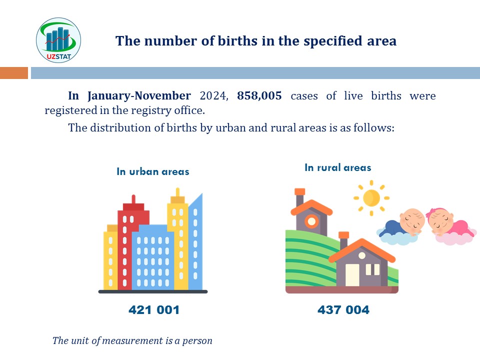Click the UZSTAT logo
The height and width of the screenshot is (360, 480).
coord(58,40)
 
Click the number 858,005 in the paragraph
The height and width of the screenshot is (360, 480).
coord(259,96)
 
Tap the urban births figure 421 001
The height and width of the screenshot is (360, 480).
coord(154,310)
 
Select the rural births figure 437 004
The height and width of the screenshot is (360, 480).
coord(343,310)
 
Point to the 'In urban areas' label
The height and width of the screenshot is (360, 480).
coord(153,171)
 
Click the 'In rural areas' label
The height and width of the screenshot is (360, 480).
coord(337,167)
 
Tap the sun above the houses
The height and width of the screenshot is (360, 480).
coord(371,198)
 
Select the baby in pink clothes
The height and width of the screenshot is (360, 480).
coord(450,226)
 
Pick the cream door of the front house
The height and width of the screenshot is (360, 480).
coord(352,274)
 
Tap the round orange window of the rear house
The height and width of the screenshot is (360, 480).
coord(311,221)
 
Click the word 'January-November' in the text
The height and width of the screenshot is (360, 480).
coord(139,96)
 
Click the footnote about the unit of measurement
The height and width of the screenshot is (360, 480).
coord(132,340)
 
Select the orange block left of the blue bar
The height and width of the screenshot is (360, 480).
coord(14,73)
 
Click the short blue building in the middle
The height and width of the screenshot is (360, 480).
coord(153,257)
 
